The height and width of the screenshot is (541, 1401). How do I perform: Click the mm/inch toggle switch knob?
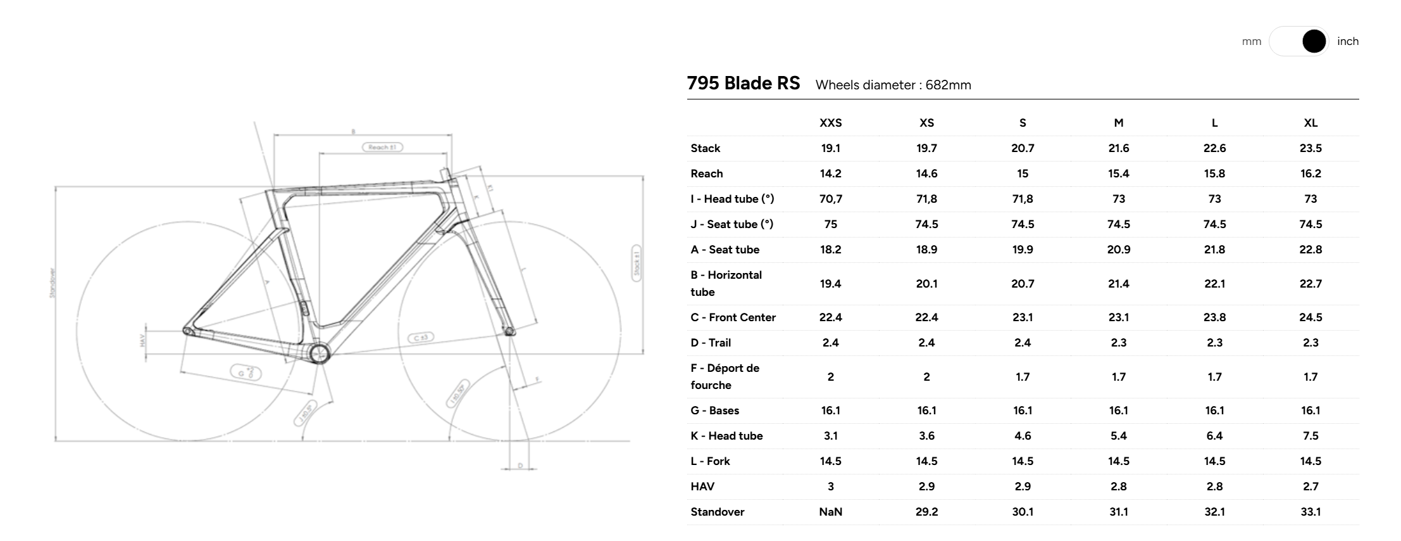(1314, 41)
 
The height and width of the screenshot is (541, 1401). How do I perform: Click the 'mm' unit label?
(1251, 41)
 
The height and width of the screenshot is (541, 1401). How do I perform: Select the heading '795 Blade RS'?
(743, 84)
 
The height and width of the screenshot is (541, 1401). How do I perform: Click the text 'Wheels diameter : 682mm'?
(893, 85)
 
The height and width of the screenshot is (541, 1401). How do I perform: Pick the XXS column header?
(830, 123)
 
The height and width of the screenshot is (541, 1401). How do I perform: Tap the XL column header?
(1311, 123)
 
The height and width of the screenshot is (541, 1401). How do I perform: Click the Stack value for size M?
(1118, 148)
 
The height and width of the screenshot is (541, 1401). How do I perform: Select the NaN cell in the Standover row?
(830, 512)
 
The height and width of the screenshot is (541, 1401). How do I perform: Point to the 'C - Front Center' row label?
(733, 317)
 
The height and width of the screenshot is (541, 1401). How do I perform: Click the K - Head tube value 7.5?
(1311, 436)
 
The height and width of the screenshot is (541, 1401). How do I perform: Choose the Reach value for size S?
(1023, 174)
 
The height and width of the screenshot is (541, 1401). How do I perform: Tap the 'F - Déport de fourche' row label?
(725, 376)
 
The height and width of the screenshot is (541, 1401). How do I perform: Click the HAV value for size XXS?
(830, 487)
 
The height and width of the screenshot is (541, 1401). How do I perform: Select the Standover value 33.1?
(1311, 512)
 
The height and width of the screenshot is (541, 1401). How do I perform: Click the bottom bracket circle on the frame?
(319, 353)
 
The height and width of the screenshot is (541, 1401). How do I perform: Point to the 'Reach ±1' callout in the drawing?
(382, 147)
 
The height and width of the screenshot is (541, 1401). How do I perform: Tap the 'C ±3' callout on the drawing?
(420, 338)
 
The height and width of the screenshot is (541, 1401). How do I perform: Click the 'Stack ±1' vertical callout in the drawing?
(637, 262)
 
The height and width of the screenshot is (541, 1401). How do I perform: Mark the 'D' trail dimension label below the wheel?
(520, 466)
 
